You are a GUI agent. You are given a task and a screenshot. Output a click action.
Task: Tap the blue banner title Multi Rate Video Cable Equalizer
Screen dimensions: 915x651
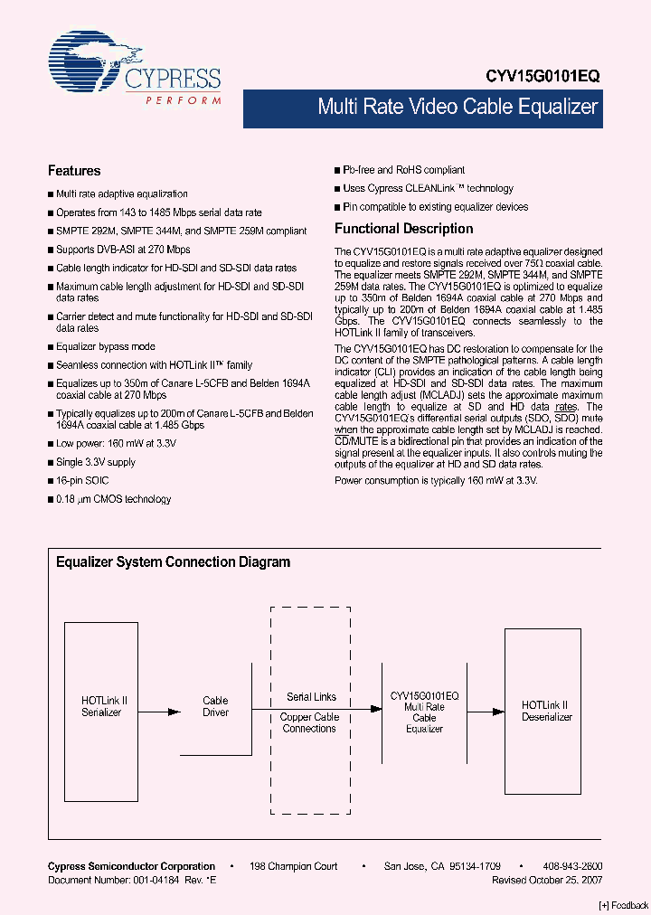[458, 107]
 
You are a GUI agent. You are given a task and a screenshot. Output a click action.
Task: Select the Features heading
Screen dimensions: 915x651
[74, 171]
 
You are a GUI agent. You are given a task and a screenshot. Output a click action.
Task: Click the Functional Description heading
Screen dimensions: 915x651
[403, 229]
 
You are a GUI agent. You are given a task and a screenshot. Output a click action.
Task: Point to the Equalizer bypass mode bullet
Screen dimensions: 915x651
[105, 346]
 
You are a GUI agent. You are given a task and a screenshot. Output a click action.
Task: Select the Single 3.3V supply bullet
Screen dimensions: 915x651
[95, 462]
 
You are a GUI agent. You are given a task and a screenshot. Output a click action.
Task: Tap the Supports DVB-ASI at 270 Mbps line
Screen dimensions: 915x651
[123, 250]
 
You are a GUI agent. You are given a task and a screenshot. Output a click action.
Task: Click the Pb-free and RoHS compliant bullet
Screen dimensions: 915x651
[403, 170]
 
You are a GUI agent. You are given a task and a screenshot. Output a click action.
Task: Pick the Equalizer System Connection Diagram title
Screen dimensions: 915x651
[173, 562]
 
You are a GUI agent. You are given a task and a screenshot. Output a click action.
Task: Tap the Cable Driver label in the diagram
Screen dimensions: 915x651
[215, 706]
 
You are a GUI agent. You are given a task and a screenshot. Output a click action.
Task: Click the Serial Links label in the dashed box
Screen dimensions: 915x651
[311, 697]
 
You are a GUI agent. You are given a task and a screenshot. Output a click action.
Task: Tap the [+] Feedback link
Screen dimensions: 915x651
[623, 905]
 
